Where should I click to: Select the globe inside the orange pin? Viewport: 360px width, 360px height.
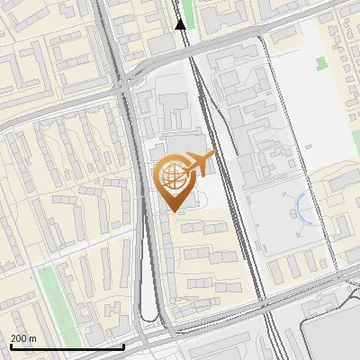pos(173,175)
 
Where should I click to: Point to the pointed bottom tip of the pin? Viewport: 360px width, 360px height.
pos(173,211)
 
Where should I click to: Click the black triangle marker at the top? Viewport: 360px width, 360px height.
pos(181,24)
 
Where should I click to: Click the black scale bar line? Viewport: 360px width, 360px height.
pos(67,346)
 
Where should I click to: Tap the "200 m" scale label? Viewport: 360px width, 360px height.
pos(24,338)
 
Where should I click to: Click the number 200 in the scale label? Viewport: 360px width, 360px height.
pos(19,338)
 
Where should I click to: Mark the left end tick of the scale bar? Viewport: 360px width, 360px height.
pos(11,345)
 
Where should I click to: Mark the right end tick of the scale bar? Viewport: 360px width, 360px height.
pos(123,345)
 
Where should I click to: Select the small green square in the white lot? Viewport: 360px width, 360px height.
pos(321,64)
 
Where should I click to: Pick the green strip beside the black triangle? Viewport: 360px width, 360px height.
pos(187,11)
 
